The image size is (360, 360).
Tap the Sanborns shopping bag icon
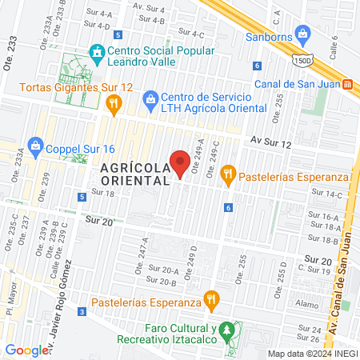(302, 34)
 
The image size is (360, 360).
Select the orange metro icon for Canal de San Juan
(347, 84)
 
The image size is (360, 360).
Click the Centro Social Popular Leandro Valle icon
(97, 53)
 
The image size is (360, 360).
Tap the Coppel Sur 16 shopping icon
(35, 146)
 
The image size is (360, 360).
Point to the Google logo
(27, 350)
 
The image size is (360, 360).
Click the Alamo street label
(306, 304)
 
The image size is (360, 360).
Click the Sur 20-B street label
(162, 282)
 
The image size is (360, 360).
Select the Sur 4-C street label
(193, 33)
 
